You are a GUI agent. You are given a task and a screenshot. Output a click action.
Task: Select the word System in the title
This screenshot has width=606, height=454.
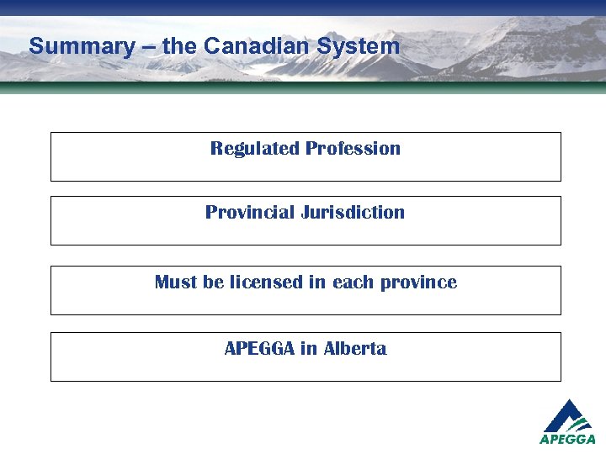[x=360, y=46]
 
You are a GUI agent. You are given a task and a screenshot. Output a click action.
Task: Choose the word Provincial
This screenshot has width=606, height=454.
[x=248, y=213]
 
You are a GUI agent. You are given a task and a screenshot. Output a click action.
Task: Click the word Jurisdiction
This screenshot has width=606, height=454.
[x=353, y=213]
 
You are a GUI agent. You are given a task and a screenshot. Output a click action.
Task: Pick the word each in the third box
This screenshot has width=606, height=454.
[x=352, y=282]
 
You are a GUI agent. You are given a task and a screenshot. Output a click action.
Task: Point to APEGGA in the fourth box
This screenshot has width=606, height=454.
[x=258, y=349]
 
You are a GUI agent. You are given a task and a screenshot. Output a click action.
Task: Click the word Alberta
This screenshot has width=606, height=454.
[x=354, y=349]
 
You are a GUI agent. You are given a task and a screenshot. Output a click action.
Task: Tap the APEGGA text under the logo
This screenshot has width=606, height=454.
[x=568, y=439]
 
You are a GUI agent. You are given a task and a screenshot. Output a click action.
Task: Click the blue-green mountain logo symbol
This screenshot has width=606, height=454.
[x=569, y=416]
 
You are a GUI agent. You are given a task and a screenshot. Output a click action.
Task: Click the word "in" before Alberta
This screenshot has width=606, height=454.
[x=308, y=349]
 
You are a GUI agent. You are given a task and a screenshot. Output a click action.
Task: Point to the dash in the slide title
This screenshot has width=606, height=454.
[x=149, y=47]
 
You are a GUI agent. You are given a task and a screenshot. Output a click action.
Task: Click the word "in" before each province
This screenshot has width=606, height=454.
[x=317, y=282]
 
